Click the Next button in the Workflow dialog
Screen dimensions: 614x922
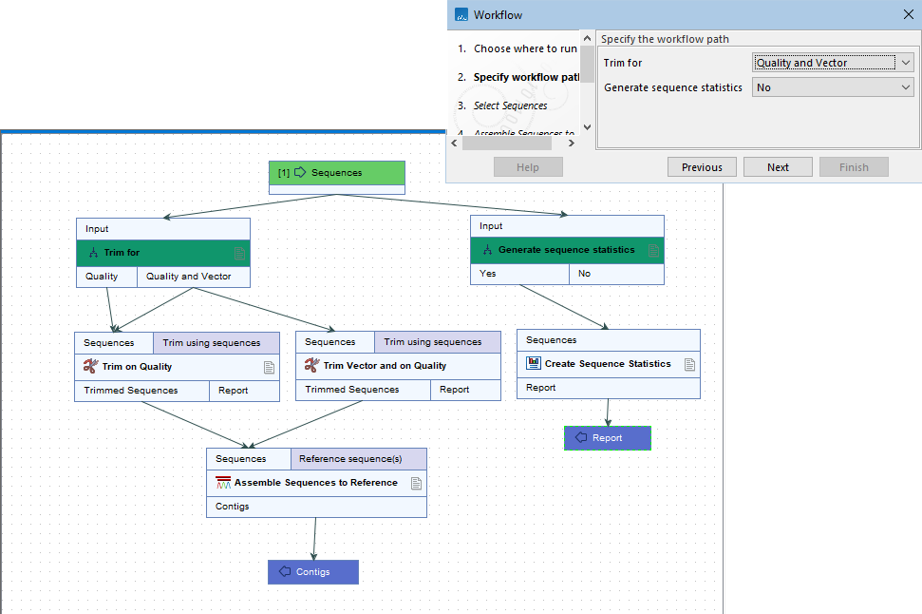[778, 167]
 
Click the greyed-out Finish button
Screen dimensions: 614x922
[853, 167]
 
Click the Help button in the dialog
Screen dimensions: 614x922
[528, 167]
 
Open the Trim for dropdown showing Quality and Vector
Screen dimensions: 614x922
[833, 63]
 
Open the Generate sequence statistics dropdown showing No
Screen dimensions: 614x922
[833, 87]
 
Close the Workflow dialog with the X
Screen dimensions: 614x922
[907, 15]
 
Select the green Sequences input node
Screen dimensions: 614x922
[336, 173]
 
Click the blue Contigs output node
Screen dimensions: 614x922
[312, 572]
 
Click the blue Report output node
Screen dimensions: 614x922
[607, 438]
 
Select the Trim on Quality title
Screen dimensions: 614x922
[137, 367]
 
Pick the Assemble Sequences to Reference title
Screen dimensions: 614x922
[315, 483]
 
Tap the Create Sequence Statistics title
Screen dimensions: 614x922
[607, 364]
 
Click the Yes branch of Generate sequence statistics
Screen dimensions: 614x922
[519, 274]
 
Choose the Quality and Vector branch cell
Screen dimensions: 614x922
[194, 277]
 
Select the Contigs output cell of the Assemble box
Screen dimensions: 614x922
[233, 507]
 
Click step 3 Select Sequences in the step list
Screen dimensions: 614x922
[510, 106]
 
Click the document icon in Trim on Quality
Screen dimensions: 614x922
[269, 367]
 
